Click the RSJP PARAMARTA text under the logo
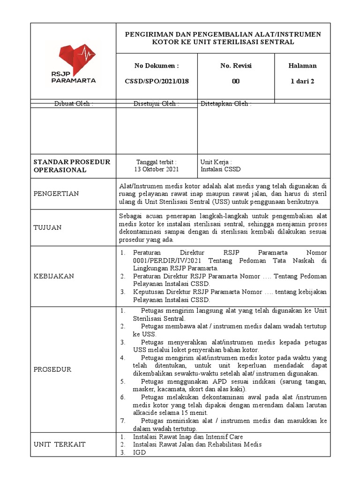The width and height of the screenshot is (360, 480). [73, 77]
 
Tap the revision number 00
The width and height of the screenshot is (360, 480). [236, 81]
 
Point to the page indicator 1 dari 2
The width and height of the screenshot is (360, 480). [302, 81]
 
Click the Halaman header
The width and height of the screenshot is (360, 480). [302, 66]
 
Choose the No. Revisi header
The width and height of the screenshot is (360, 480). [236, 66]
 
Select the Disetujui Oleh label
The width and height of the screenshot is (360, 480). [156, 104]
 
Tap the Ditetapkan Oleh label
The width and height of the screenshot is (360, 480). [226, 104]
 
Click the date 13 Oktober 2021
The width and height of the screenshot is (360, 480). [157, 170]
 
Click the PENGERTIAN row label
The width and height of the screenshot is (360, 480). [56, 194]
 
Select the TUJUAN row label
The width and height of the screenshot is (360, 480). [47, 227]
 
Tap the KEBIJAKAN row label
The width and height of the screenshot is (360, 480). [54, 276]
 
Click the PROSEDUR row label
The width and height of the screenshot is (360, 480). [52, 369]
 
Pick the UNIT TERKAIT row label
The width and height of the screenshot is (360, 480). [60, 444]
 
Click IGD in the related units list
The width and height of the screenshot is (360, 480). [139, 452]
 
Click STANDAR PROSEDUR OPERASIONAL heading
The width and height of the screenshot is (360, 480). [72, 165]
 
